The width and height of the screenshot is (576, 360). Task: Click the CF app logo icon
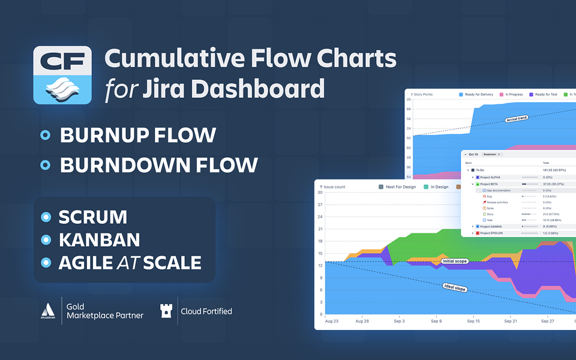point(62,75)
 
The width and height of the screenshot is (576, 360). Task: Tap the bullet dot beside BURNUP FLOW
point(44,135)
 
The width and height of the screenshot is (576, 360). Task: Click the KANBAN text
point(99,240)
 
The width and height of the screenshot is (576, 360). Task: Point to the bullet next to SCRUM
point(46,217)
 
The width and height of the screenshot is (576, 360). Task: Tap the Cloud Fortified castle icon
point(166,311)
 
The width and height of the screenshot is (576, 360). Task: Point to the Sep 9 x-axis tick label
point(436,322)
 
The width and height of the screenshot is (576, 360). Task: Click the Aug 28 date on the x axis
point(362,322)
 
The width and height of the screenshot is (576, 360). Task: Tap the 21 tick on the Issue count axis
point(320,229)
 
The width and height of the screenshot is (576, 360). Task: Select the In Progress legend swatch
point(502,95)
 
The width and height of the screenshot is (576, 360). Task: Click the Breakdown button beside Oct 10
point(491,154)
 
